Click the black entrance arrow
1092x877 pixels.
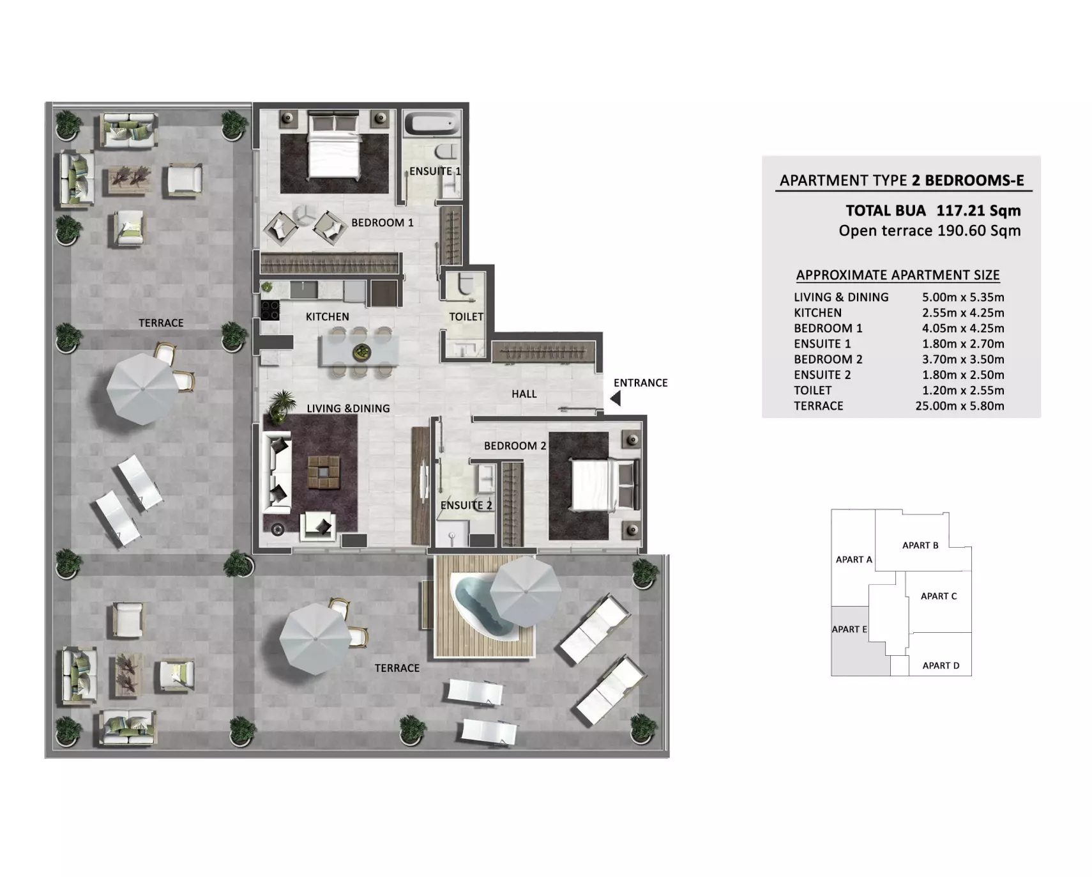[616, 399]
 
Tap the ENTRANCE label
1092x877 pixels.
[641, 383]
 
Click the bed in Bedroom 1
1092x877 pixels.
[333, 144]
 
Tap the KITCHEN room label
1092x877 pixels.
[328, 317]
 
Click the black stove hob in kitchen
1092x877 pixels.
[270, 310]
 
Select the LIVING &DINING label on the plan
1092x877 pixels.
[348, 408]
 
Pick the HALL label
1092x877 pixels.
[524, 394]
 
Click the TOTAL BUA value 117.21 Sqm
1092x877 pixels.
[978, 210]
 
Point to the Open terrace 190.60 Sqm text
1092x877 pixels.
[930, 231]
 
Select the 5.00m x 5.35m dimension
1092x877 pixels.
[963, 297]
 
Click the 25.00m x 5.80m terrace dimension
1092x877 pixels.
[960, 406]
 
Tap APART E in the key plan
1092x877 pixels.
[849, 630]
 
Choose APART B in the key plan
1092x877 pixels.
[920, 545]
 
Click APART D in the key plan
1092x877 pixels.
[941, 665]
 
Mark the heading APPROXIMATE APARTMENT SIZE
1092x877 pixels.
[898, 276]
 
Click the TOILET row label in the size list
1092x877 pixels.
[813, 391]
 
